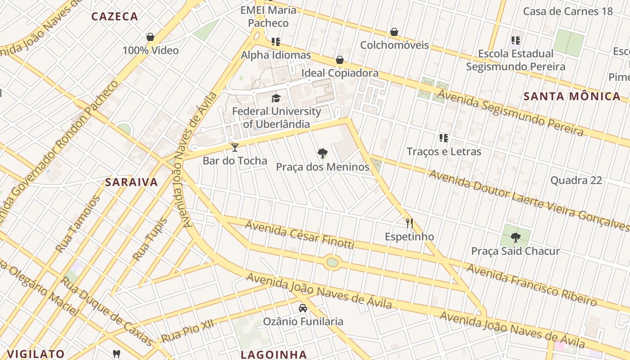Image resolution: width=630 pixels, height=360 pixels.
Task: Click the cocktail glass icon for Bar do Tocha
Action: (234, 147)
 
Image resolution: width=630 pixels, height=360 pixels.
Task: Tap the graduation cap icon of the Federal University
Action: (276, 98)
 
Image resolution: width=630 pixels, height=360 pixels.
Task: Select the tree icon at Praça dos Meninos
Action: (322, 153)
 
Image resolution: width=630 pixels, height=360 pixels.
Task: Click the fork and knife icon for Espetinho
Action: (409, 223)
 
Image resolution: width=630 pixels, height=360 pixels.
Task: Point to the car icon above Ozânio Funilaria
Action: (303, 308)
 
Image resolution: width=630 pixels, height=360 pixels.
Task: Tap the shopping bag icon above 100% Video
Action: (150, 37)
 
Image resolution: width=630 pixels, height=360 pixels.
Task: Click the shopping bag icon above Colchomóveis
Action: (394, 32)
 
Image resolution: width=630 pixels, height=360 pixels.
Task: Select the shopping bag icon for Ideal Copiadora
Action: (340, 60)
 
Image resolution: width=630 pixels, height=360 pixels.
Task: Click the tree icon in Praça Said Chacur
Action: (515, 237)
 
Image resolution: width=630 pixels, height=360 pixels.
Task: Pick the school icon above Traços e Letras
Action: (444, 138)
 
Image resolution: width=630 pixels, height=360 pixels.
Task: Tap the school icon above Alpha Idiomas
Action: (276, 42)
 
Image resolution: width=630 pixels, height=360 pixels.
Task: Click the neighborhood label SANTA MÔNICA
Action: (572, 96)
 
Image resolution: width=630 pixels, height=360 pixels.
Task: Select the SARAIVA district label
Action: (131, 182)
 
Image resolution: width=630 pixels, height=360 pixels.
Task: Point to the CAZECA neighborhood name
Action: (115, 17)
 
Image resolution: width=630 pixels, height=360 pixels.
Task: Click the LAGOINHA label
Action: (274, 354)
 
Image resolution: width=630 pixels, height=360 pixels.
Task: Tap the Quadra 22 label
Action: (576, 180)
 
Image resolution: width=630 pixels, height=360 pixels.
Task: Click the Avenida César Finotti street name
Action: (299, 236)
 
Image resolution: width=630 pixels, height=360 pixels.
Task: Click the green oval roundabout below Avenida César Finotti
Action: (332, 262)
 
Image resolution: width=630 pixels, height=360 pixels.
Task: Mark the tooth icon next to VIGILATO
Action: (117, 354)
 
